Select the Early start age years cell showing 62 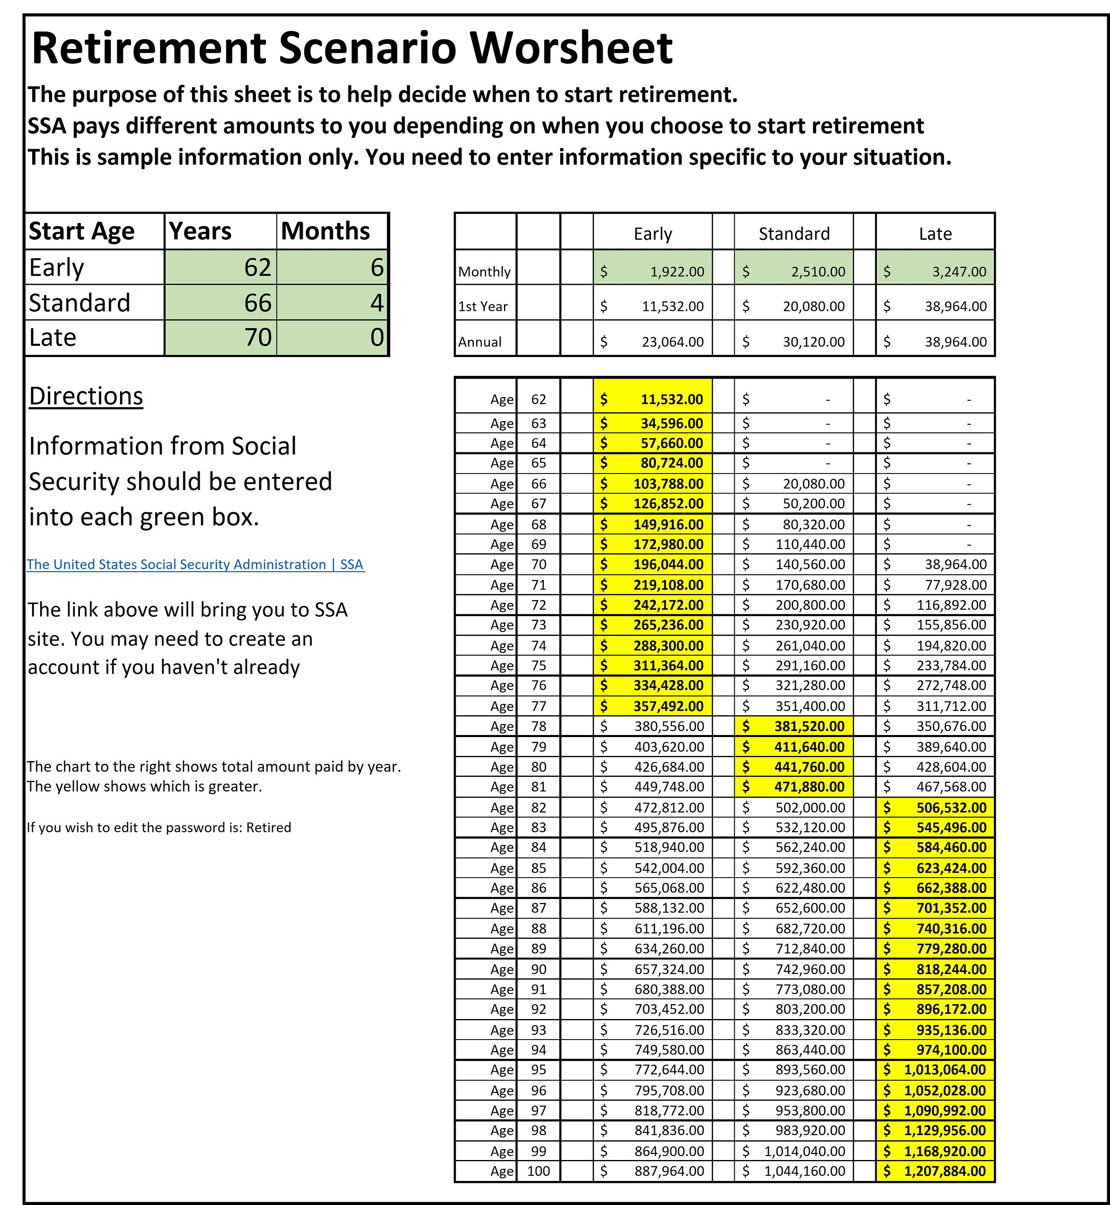tap(221, 267)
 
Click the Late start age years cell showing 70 tap(221, 337)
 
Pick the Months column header tap(326, 231)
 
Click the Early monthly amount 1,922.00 tap(653, 272)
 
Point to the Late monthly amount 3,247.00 tap(935, 272)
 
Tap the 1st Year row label tap(483, 306)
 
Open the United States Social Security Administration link tap(195, 564)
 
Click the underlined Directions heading tap(86, 396)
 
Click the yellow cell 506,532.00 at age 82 tap(935, 807)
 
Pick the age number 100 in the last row tap(538, 1171)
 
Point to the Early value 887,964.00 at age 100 tap(653, 1171)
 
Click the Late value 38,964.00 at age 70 tap(935, 564)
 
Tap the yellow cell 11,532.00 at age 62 tap(653, 399)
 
